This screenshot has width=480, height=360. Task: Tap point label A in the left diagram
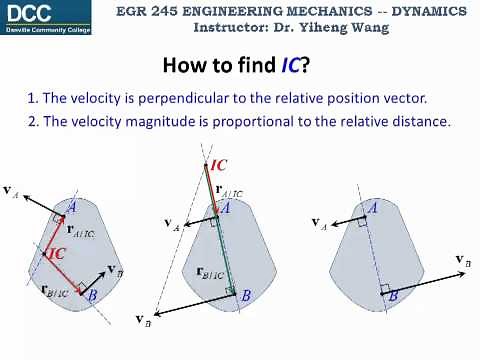click(72, 207)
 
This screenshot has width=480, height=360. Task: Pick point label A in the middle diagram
click(226, 207)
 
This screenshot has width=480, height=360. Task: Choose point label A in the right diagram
click(372, 208)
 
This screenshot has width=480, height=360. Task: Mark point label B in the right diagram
click(393, 296)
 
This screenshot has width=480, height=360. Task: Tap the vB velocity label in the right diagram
click(463, 261)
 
